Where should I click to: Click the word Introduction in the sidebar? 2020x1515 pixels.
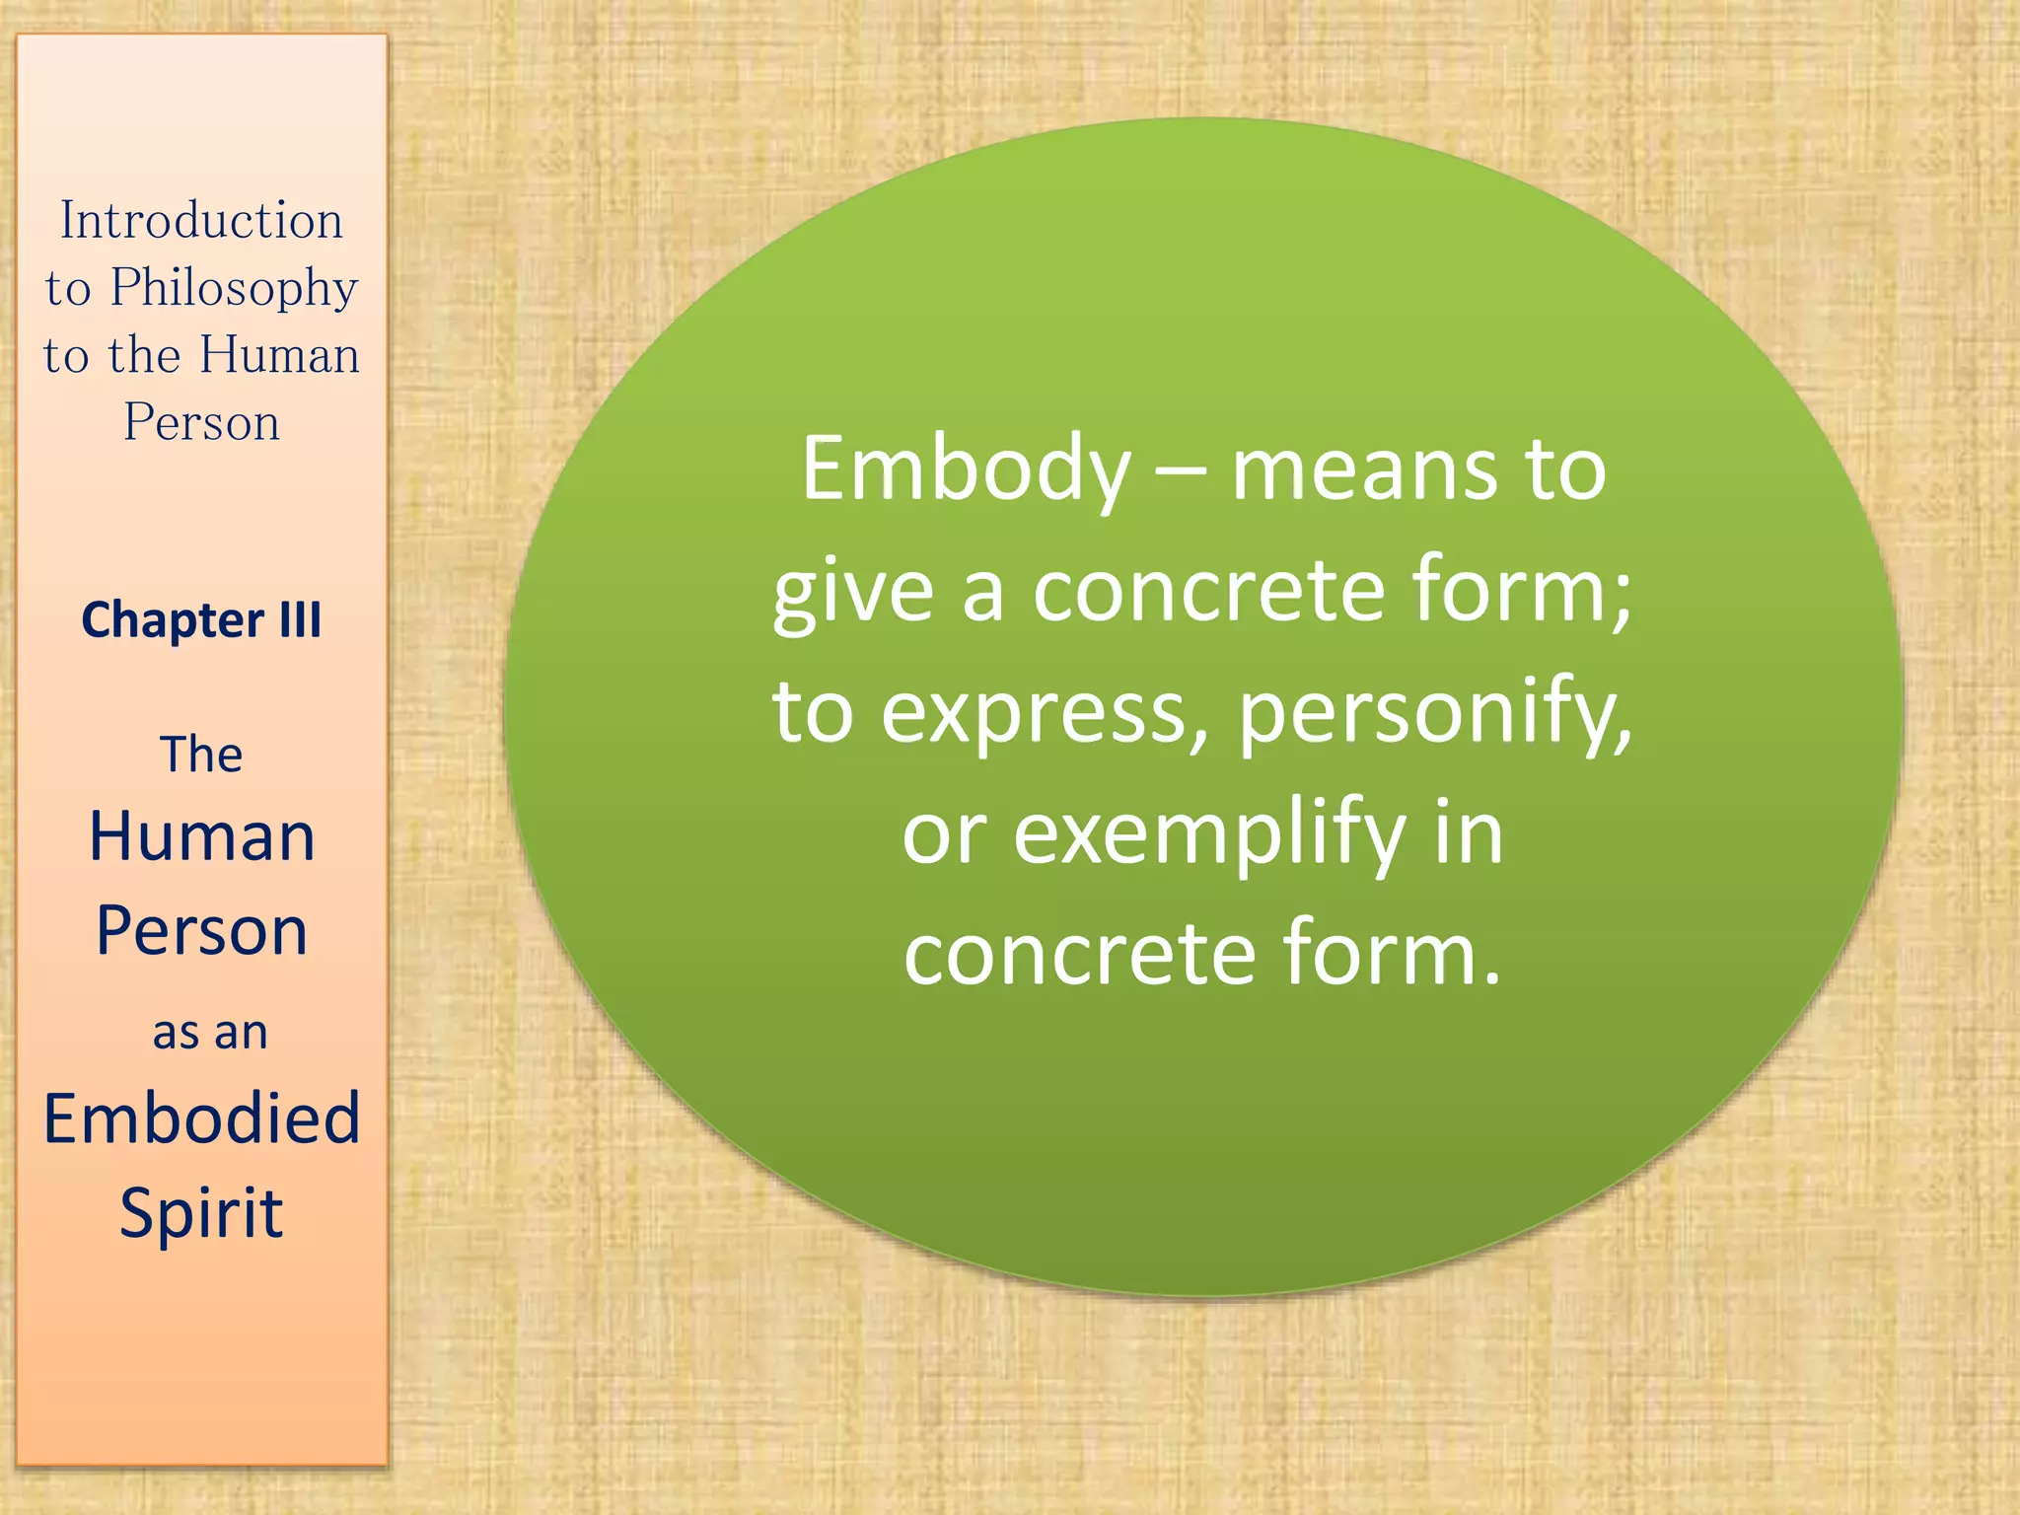[201, 220]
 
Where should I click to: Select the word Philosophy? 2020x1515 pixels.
[234, 288]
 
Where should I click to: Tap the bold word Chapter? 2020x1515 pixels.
[173, 620]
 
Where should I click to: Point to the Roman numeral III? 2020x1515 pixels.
[300, 620]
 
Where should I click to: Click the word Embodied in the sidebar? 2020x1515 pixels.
[201, 1118]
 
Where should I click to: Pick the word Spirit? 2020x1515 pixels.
[201, 1213]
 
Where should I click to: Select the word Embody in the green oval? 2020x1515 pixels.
[966, 470]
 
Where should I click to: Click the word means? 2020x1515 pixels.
[1365, 470]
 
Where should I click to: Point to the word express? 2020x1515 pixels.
[1044, 713]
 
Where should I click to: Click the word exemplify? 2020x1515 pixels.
[1209, 834]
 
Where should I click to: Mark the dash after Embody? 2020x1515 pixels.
[1181, 471]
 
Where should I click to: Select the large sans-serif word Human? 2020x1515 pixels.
[201, 837]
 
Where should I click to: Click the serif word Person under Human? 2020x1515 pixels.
[201, 423]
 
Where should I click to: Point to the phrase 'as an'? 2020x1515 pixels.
[209, 1033]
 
